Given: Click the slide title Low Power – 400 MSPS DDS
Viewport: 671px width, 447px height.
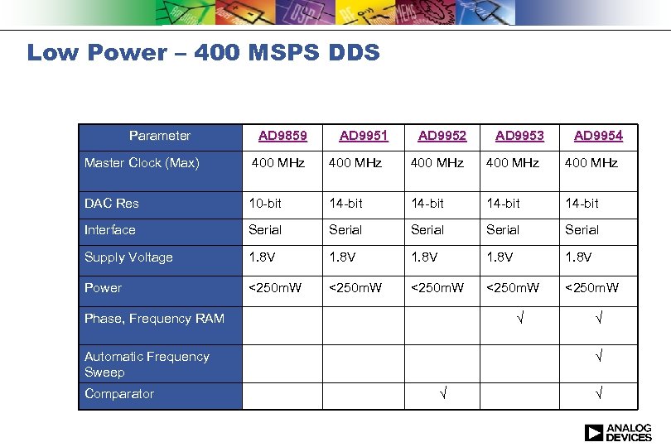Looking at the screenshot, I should pos(203,53).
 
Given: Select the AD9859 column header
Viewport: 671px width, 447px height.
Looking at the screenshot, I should pos(282,136).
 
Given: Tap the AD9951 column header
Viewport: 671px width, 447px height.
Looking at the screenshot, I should pos(364,136).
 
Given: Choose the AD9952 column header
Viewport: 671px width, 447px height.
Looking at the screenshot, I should pos(442,136).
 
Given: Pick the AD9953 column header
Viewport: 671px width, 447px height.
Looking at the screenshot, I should pos(519,136).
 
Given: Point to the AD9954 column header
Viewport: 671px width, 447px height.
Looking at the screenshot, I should pos(598,136).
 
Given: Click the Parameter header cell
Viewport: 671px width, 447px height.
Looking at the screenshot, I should pos(160,136).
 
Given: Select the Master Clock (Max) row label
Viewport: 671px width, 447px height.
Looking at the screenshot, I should pos(142,163).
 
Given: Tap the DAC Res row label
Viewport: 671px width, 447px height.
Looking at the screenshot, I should pos(112,204).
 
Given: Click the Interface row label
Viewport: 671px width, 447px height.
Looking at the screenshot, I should pos(110,230).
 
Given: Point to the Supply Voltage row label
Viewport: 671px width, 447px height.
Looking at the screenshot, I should pos(128,257).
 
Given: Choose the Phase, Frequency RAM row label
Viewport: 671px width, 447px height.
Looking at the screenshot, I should pos(154,319).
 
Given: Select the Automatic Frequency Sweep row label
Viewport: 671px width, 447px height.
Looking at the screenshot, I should pos(147,364).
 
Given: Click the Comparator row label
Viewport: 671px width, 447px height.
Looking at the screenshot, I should pos(119,394).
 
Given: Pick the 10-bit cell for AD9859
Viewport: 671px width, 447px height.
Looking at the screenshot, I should pos(267,204).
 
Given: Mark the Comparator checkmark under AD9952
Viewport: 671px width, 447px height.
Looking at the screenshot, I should pos(442,394).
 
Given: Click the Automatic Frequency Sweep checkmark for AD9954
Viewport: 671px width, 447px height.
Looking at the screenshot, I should pos(598,357).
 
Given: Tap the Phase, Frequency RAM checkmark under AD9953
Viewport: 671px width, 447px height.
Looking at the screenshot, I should pos(519,319).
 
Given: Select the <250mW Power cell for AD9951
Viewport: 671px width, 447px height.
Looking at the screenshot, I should pos(355,288).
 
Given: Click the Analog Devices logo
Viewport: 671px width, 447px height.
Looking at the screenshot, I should pos(618,433).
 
